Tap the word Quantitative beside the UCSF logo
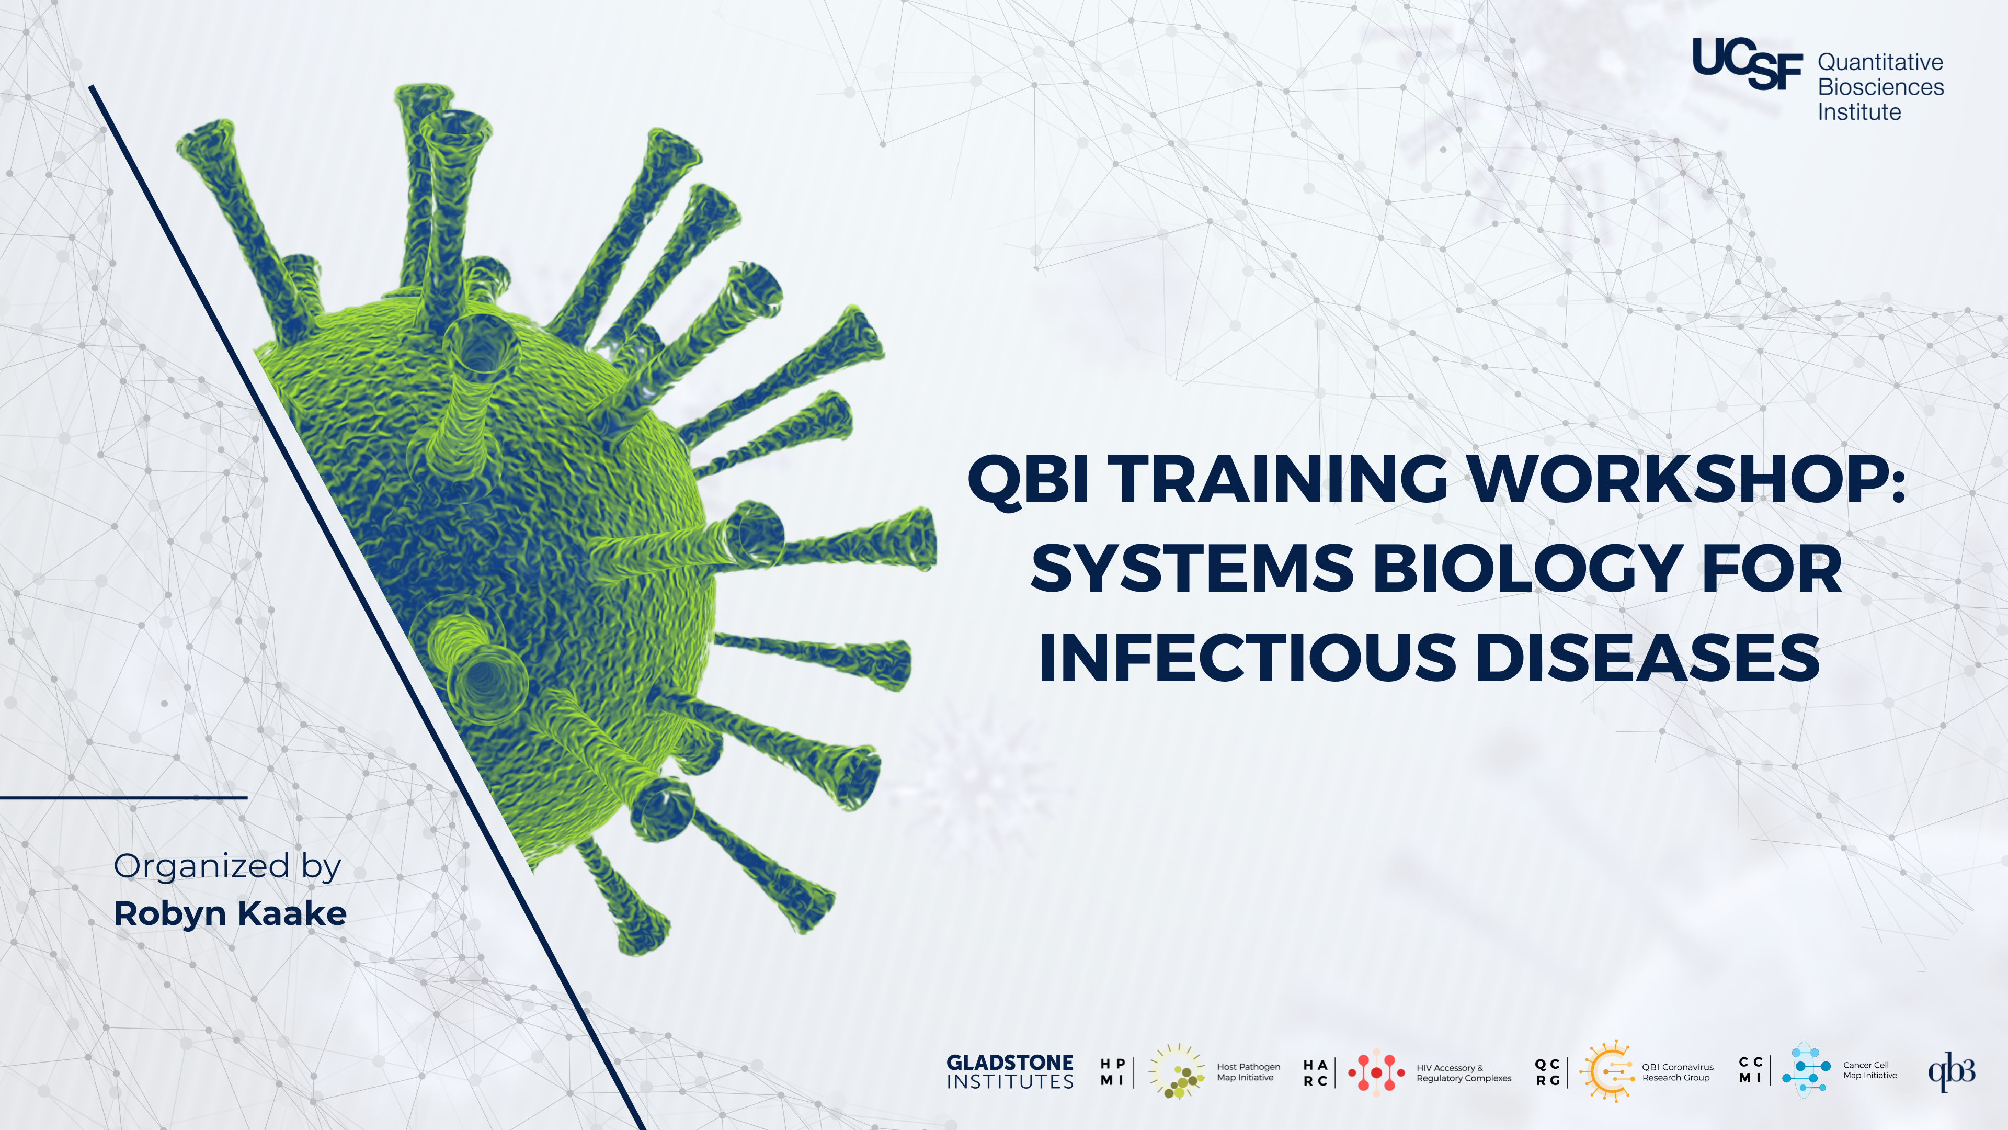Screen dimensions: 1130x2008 (x=1880, y=62)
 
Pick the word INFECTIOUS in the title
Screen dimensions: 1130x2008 (x=1247, y=658)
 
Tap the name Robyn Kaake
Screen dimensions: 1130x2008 (x=230, y=913)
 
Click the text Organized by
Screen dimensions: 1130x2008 (x=227, y=866)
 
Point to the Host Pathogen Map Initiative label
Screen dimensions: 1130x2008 (x=1248, y=1072)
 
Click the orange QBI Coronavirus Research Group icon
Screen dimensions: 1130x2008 (x=1606, y=1071)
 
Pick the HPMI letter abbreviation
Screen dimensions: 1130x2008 (x=1112, y=1072)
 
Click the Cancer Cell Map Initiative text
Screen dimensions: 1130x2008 (x=1869, y=1070)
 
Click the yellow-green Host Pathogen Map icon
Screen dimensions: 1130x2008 (x=1177, y=1072)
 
